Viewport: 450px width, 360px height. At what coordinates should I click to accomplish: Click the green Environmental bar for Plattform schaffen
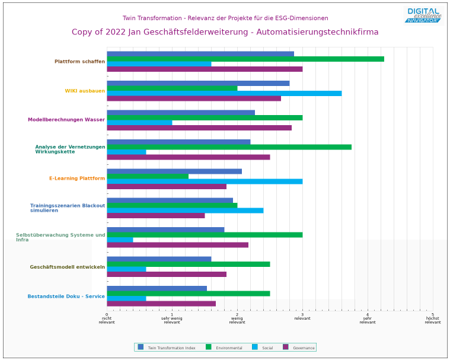point(245,59)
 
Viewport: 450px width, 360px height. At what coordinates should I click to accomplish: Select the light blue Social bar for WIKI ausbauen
point(224,93)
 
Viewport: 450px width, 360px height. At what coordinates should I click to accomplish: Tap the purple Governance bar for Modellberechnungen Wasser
point(199,128)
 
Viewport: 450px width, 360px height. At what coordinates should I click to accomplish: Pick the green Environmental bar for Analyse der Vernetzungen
point(229,147)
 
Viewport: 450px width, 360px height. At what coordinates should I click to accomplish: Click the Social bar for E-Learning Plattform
point(205,181)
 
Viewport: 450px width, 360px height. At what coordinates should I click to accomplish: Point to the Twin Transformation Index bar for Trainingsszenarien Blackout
point(170,200)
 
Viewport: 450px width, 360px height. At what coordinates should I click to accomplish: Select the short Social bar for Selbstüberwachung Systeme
point(120,240)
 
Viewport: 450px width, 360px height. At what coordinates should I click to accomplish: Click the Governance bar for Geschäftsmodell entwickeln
point(167,275)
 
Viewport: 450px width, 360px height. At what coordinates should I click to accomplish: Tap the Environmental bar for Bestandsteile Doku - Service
point(189,294)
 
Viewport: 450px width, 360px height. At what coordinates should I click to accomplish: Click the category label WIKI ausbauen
point(85,91)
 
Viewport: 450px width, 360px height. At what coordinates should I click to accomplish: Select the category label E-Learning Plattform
point(77,179)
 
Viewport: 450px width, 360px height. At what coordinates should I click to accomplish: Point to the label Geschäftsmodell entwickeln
point(68,267)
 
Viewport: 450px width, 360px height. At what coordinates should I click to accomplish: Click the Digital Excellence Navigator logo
point(424,15)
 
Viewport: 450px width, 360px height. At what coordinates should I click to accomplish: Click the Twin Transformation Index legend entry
point(167,348)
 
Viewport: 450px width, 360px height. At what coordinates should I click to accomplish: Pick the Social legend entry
point(263,348)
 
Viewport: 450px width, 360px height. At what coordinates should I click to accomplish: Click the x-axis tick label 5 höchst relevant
point(433,318)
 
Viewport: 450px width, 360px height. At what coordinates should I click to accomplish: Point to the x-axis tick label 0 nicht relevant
point(107,318)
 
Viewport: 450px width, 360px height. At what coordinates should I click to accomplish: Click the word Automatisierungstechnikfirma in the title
point(317,32)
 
